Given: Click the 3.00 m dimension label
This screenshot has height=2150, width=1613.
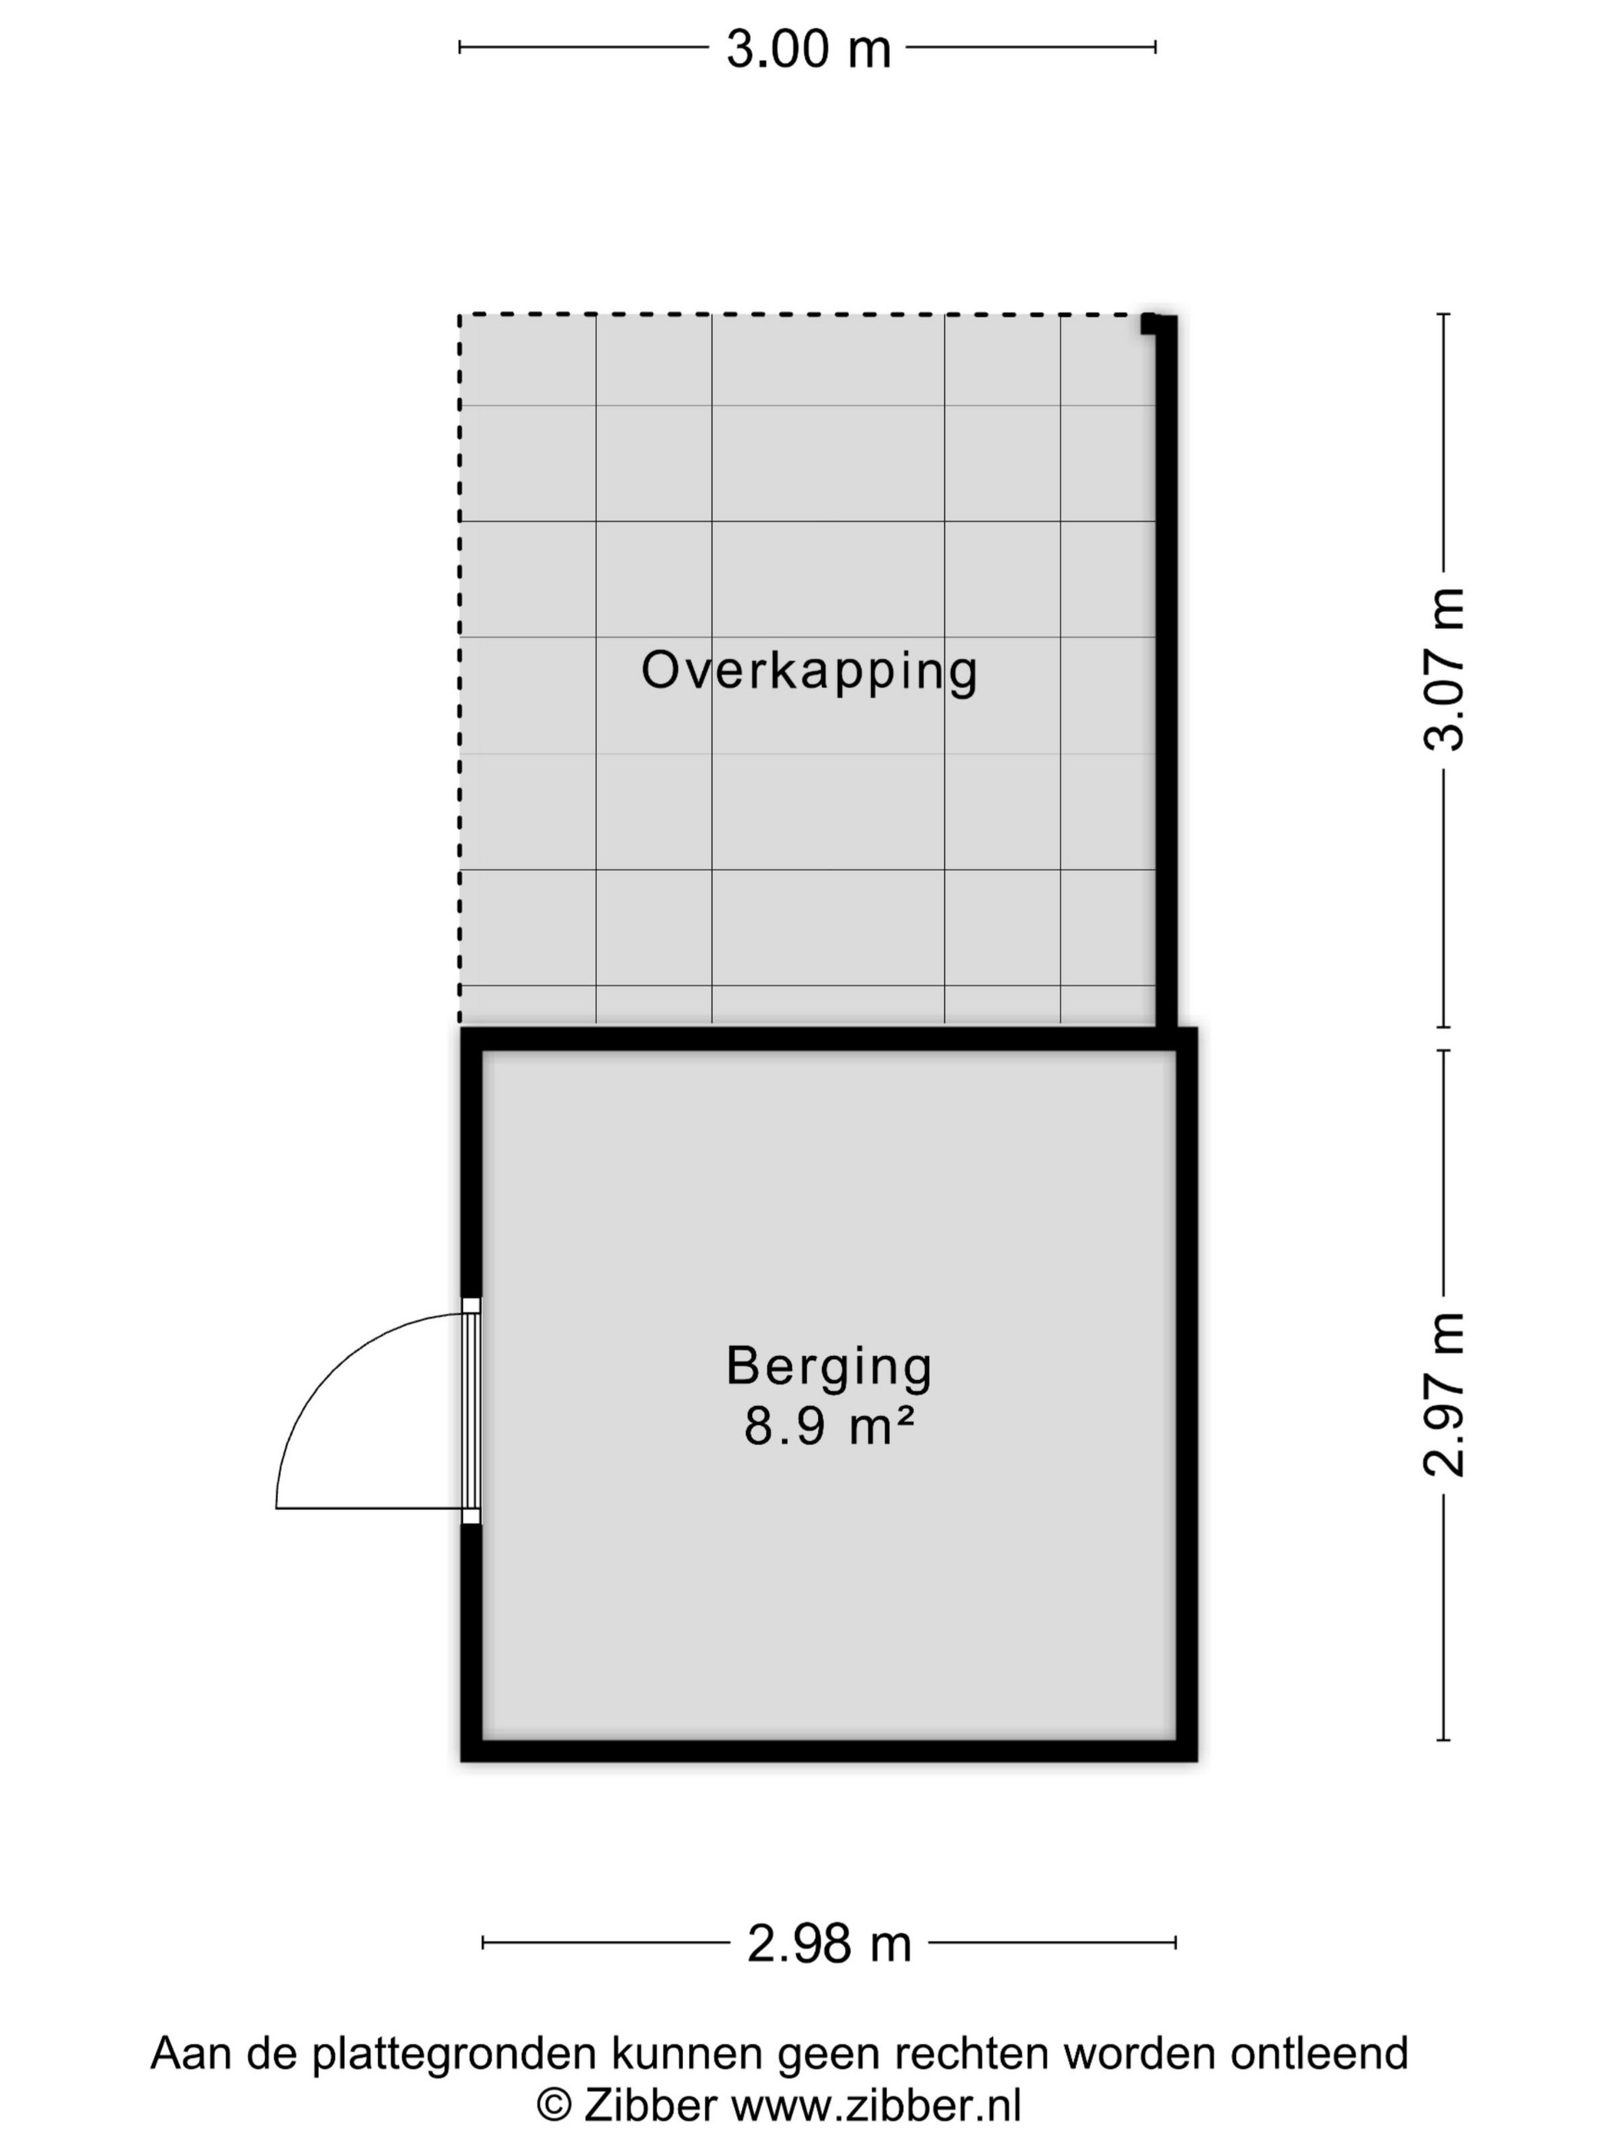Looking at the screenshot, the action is pos(808,48).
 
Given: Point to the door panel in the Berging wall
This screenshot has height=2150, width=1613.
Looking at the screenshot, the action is pos(471,1411).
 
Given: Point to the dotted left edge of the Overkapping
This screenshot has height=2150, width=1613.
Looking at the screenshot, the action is pos(460,669).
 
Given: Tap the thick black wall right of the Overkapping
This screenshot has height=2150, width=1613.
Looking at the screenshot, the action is pos(1166,670).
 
